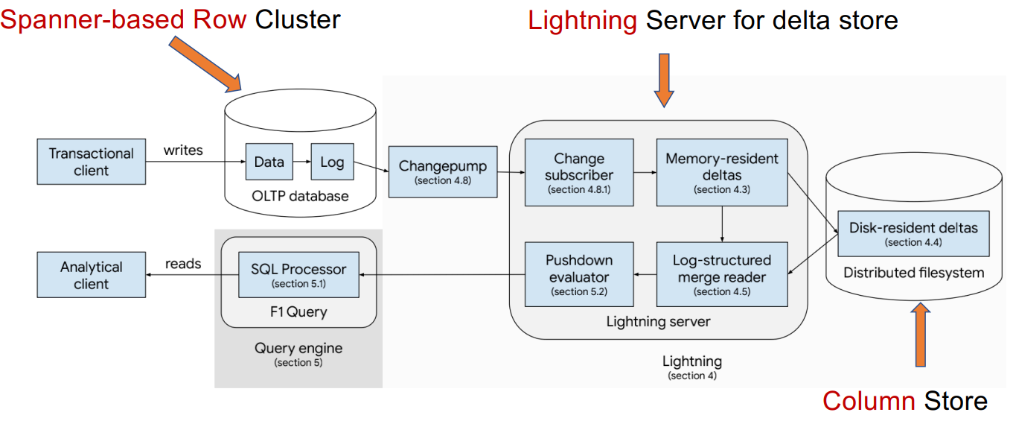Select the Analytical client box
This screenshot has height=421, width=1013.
pos(92,275)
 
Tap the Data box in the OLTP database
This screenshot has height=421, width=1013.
pos(269,162)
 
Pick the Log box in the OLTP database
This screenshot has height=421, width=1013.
pos(332,162)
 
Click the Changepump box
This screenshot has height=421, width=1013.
pos(443,172)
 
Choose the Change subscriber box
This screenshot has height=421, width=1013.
pos(578,172)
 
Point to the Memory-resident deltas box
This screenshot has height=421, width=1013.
pos(722,172)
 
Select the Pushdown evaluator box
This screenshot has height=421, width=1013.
pos(578,274)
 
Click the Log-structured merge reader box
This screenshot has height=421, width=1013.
pos(722,274)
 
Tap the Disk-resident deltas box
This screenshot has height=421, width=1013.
pos(913,233)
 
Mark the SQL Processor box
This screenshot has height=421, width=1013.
pos(298,274)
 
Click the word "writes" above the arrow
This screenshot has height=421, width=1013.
pos(183,150)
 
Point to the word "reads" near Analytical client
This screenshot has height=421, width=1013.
pos(183,264)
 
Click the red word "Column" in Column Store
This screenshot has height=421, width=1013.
pos(869,401)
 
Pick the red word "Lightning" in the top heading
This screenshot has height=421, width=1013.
pos(582,20)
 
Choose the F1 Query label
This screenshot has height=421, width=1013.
pos(298,311)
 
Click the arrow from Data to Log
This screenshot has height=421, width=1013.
pos(301,162)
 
